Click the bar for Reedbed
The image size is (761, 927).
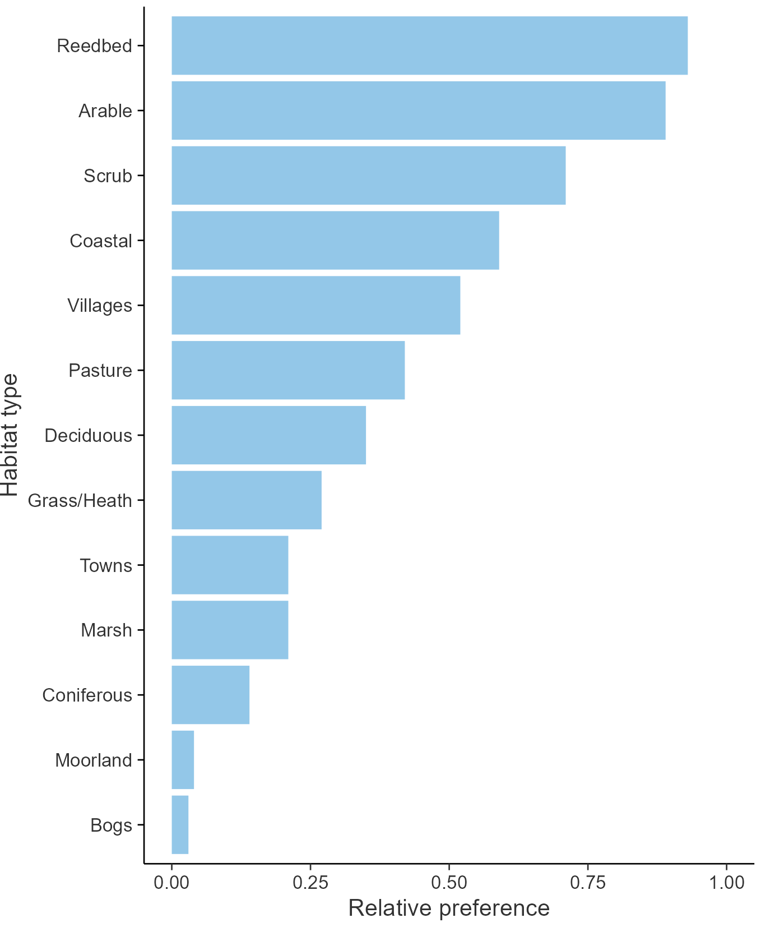429,45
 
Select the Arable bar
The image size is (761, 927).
418,110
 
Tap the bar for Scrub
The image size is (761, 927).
368,176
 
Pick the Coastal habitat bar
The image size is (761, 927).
335,241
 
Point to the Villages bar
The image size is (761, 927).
315,305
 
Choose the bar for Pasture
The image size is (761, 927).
288,370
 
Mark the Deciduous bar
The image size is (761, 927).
268,435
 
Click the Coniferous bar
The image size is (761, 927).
210,695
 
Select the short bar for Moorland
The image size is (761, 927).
183,760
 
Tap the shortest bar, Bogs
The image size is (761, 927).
180,824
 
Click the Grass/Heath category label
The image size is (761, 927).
80,500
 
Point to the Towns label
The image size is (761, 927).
106,565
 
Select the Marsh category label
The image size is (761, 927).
106,630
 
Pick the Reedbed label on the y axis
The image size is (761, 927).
94,45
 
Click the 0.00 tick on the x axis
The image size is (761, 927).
171,882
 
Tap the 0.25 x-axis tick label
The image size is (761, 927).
310,882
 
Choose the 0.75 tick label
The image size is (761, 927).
588,882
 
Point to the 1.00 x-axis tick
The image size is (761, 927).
727,882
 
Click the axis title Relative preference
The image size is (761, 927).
449,908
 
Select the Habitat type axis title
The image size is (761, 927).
10,435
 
